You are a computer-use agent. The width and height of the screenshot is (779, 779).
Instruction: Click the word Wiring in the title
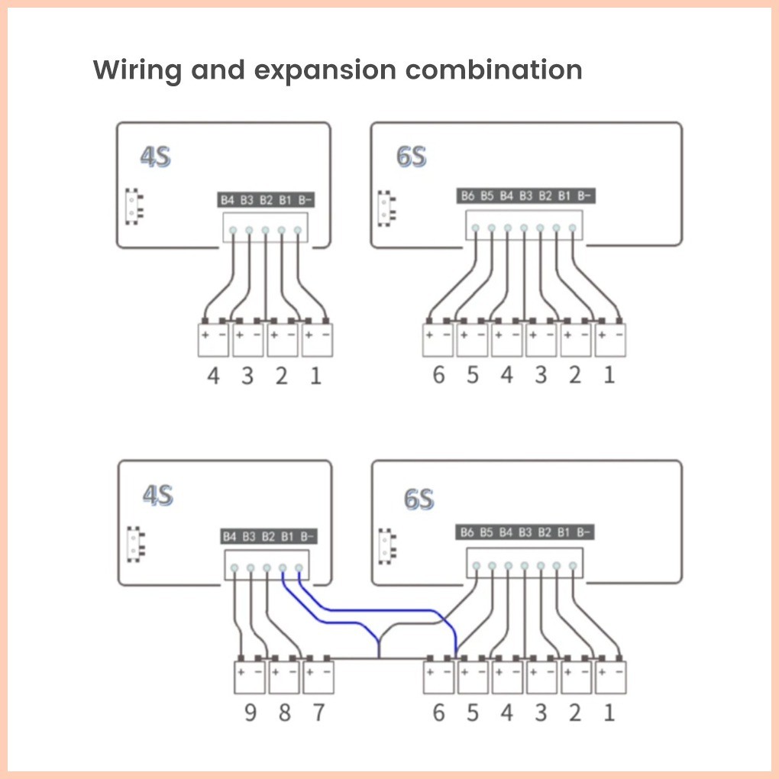coord(137,70)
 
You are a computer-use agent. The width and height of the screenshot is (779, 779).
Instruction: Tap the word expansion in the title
coord(325,70)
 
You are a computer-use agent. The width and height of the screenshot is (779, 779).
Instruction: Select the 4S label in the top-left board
coord(156,157)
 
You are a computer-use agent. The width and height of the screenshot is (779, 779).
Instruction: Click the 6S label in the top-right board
coord(412,156)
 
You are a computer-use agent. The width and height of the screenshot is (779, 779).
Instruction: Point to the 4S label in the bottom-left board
coord(158,496)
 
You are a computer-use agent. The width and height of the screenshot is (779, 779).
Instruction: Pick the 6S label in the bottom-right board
coord(419,499)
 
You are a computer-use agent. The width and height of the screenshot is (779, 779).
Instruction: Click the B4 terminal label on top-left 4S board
coord(227,200)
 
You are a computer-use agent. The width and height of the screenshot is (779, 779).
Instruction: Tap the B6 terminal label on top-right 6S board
coord(467,196)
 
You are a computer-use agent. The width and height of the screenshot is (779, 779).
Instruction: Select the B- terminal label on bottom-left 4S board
coord(307,537)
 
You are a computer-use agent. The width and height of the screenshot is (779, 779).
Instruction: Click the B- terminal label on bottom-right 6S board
coord(583,532)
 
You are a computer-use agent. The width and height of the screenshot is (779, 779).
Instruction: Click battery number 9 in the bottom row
coord(251,713)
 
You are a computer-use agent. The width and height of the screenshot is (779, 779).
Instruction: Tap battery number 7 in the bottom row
coord(318,713)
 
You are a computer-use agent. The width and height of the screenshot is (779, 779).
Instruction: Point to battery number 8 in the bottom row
coord(285,713)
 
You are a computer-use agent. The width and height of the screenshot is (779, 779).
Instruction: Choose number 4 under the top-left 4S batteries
coord(213,376)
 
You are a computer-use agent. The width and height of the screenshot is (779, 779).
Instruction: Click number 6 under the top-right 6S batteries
coord(438,374)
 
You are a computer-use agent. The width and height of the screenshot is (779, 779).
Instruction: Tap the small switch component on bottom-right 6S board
coord(387,546)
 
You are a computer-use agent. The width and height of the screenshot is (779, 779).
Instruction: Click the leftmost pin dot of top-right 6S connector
coord(476,228)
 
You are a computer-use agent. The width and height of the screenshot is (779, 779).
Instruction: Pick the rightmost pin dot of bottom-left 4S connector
coord(299,568)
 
